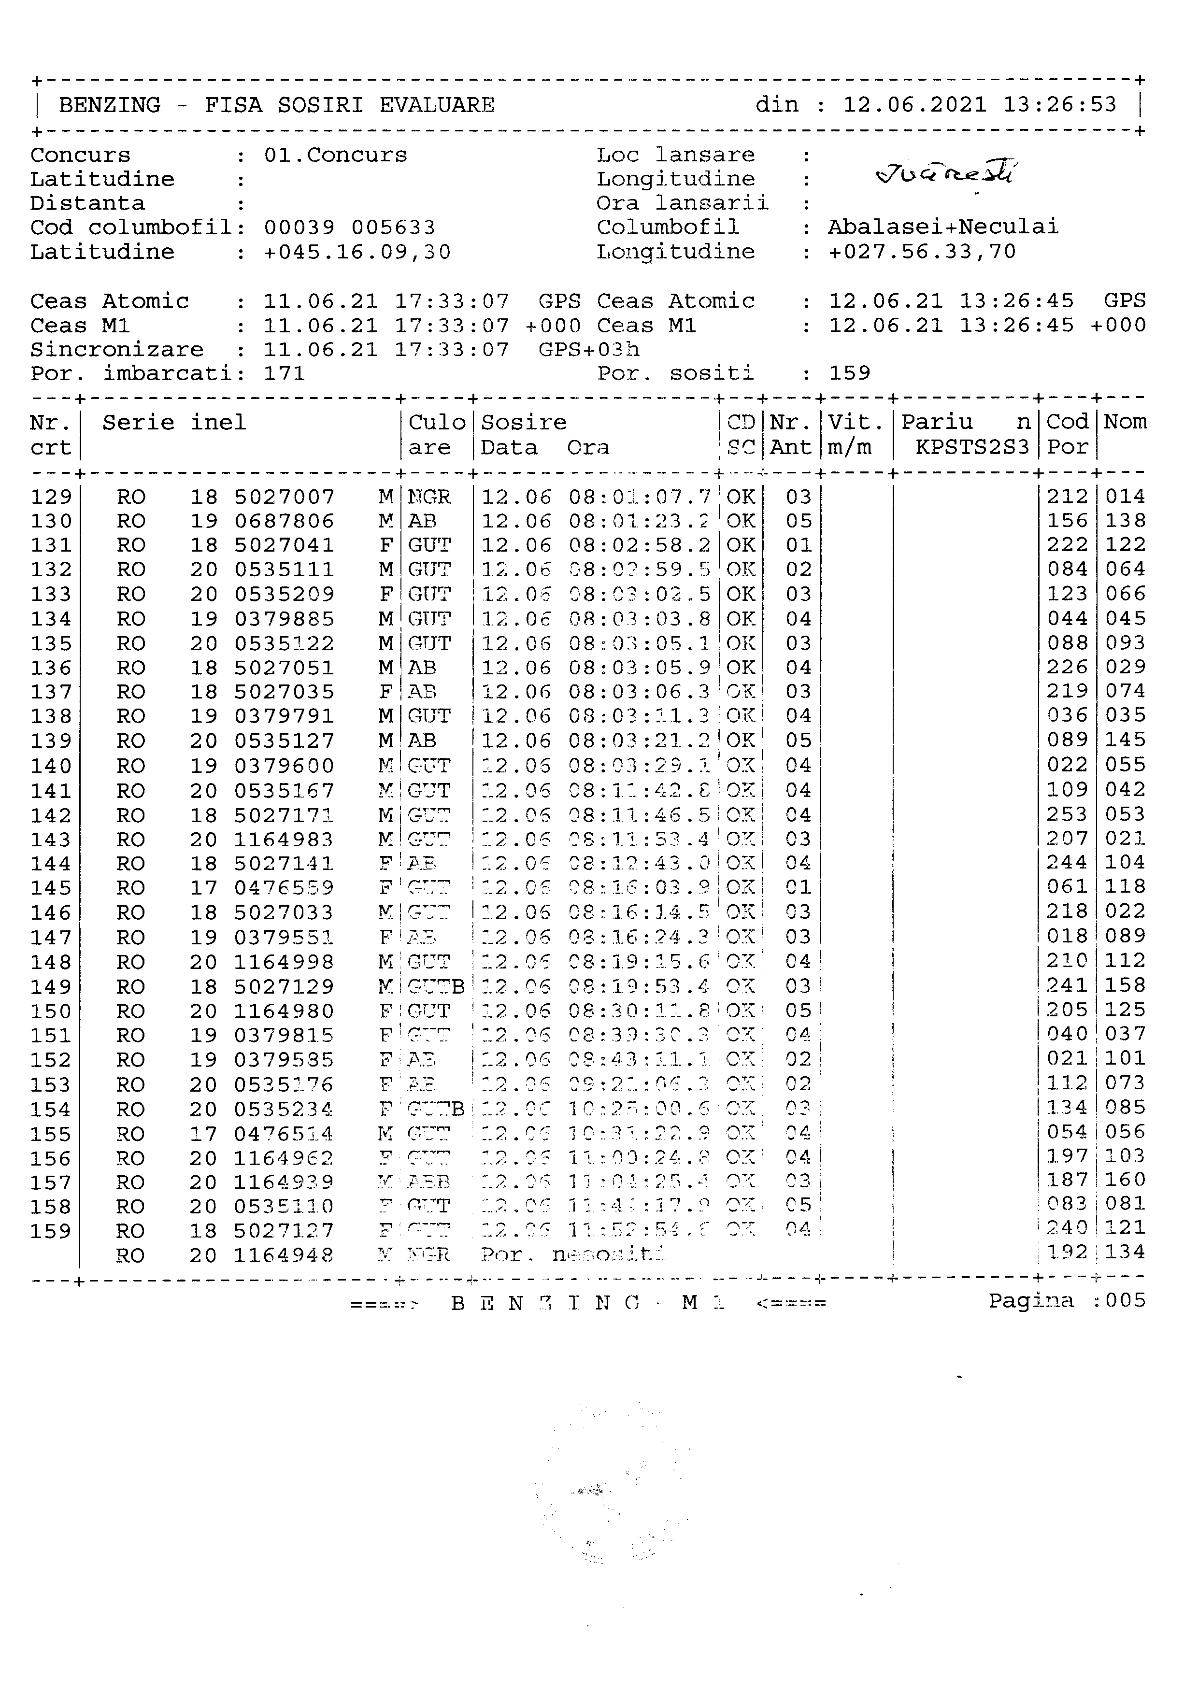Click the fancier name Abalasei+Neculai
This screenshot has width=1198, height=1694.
click(x=943, y=227)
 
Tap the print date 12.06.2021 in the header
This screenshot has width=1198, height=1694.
click(x=915, y=105)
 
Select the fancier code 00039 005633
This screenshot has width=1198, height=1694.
click(x=350, y=227)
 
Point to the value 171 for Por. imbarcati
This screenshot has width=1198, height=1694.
click(x=284, y=373)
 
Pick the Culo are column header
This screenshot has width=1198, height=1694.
click(x=437, y=435)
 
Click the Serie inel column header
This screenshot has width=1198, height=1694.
click(x=173, y=423)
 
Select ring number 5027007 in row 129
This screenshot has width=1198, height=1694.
click(x=284, y=497)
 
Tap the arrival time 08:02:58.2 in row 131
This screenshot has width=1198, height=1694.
click(x=639, y=546)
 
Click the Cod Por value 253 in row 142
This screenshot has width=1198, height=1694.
click(x=1067, y=814)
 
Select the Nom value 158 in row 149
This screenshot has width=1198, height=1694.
click(x=1125, y=986)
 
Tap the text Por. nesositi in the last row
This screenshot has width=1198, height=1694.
click(x=572, y=1255)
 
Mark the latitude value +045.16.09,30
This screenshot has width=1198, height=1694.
click(x=357, y=252)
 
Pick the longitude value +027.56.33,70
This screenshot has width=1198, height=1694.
click(x=922, y=252)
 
